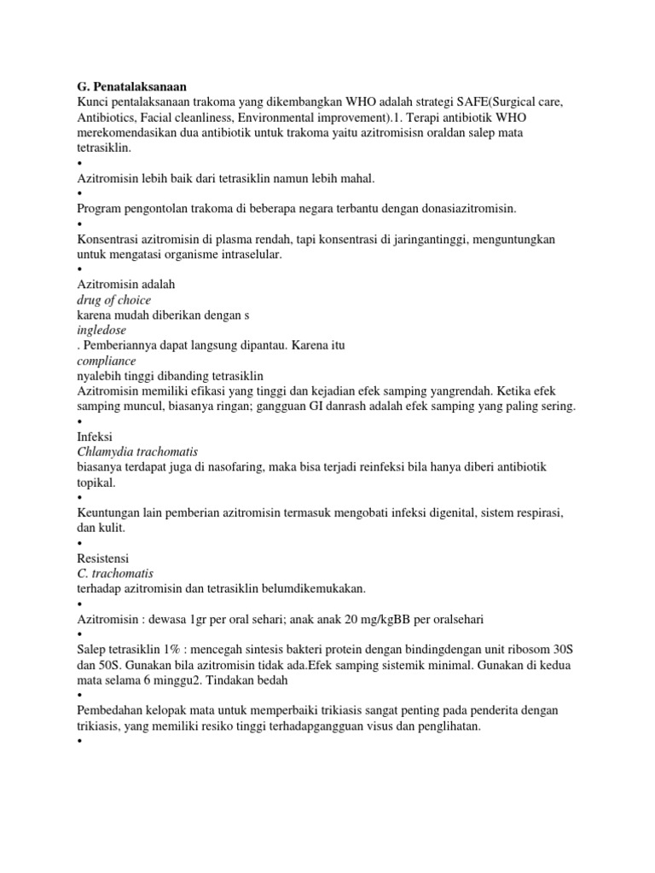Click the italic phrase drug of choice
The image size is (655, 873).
tap(113, 300)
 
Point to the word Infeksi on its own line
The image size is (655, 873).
tap(95, 436)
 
